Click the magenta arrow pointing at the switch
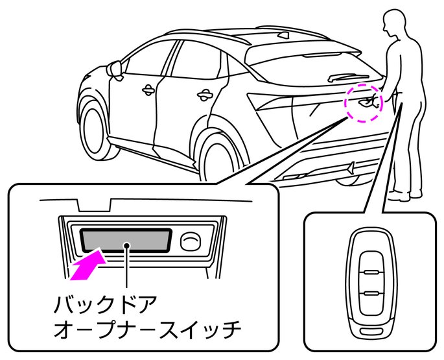(x=88, y=265)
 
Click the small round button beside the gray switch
(x=189, y=241)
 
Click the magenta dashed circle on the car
(x=364, y=101)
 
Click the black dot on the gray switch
(x=127, y=245)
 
